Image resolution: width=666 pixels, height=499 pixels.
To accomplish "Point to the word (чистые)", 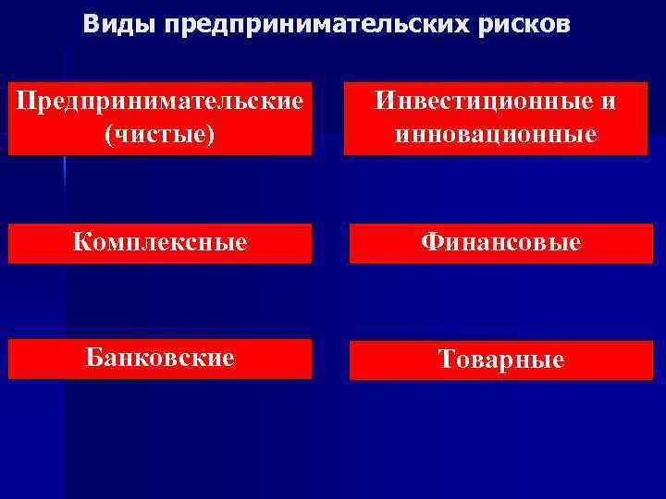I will click(x=160, y=134).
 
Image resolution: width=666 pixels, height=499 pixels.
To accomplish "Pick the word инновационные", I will click(x=495, y=134).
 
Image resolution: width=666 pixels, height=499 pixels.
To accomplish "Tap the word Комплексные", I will click(x=160, y=243).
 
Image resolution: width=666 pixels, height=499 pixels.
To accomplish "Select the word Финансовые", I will click(x=500, y=243).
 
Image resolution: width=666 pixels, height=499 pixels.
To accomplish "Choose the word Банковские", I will click(x=160, y=357).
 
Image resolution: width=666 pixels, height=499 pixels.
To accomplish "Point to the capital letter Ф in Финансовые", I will click(x=431, y=242).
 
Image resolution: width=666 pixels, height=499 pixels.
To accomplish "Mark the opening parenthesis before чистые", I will click(x=111, y=135).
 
